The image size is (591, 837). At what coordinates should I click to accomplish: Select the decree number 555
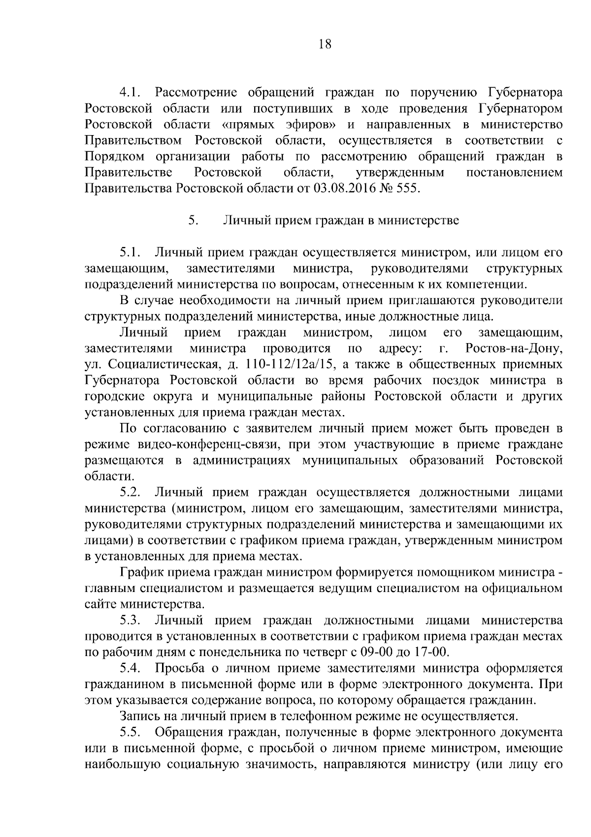pyautogui.click(x=411, y=189)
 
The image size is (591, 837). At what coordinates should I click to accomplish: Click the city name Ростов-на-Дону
pyautogui.click(x=513, y=349)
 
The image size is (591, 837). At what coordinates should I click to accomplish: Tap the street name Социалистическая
pyautogui.click(x=163, y=365)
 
